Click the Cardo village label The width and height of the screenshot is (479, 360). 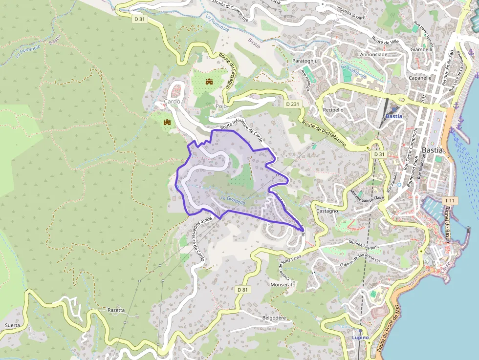pyautogui.click(x=172, y=102)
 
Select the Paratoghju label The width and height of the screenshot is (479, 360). pyautogui.click(x=305, y=61)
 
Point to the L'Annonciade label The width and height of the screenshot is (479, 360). pyautogui.click(x=372, y=54)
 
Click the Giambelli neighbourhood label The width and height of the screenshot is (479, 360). pyautogui.click(x=421, y=49)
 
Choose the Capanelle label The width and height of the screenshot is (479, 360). pyautogui.click(x=420, y=78)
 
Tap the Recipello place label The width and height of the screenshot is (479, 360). pyautogui.click(x=333, y=110)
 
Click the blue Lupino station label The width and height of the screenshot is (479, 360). pyautogui.click(x=360, y=338)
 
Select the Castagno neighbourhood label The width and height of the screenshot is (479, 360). pyautogui.click(x=327, y=211)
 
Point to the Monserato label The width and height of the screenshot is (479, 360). pyautogui.click(x=283, y=284)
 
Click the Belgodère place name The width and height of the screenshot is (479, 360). pyautogui.click(x=274, y=318)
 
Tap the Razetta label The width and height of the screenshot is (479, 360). pyautogui.click(x=116, y=310)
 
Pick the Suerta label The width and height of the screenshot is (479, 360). pyautogui.click(x=12, y=325)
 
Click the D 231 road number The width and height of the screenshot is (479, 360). pyautogui.click(x=292, y=105)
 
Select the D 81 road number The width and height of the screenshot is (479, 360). pyautogui.click(x=243, y=290)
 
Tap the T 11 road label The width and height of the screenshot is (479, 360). pyautogui.click(x=450, y=201)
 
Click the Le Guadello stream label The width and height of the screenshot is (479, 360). pyautogui.click(x=233, y=199)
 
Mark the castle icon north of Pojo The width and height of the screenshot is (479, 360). pyautogui.click(x=210, y=82)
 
